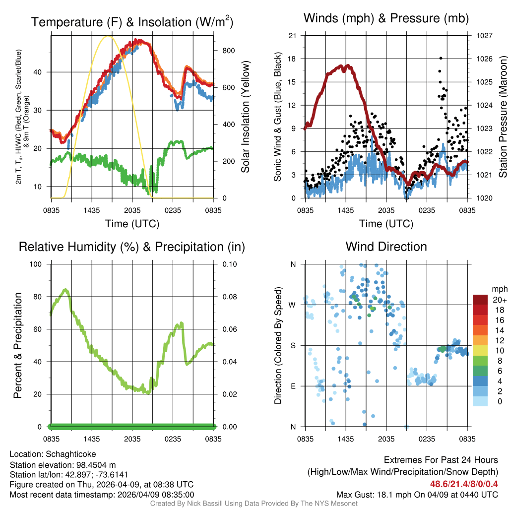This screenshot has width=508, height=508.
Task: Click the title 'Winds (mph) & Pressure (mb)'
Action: pos(386,19)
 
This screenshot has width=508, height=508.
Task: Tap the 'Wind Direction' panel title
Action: pos(386,247)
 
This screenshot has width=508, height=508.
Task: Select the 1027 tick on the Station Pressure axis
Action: pos(484,36)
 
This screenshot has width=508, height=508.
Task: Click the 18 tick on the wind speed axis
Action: pos(293,59)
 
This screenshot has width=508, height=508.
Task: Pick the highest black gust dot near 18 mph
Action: pos(441,59)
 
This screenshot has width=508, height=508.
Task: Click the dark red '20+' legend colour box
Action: pos(481,300)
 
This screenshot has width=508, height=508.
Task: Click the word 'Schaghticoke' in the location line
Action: pos(71,454)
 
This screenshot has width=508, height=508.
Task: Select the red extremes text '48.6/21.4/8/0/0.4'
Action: pos(464,484)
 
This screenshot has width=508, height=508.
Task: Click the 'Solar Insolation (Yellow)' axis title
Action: pos(245,117)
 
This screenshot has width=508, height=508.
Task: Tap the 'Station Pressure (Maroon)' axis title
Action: pos(502,117)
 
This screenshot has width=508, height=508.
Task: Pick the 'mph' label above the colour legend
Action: pos(499,289)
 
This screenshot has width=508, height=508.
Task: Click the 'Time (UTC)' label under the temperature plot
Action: pos(132,224)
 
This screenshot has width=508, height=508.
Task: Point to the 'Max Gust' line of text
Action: pos(417,494)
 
